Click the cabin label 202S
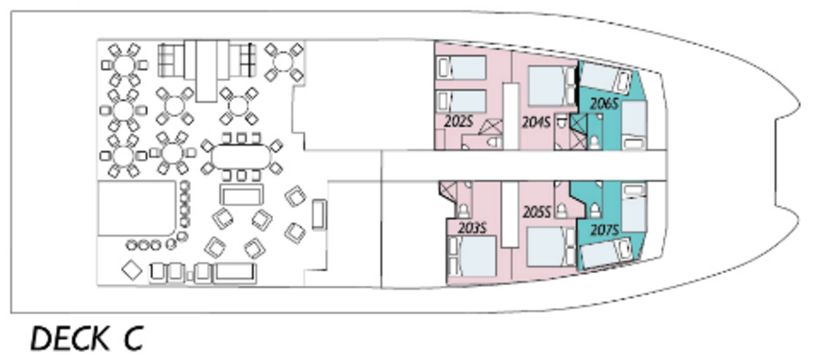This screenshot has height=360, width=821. click(458, 121)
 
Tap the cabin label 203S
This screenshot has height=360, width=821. click(472, 228)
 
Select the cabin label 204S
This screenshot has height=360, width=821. click(536, 123)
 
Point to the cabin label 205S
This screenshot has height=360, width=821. click(536, 212)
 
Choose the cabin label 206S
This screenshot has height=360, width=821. click(604, 104)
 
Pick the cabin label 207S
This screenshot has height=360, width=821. click(605, 230)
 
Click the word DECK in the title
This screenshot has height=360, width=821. click(70, 338)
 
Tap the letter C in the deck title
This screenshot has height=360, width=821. click(133, 338)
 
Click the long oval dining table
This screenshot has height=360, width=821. click(241, 157)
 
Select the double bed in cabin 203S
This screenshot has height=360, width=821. click(472, 256)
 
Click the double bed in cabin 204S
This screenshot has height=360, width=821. click(551, 86)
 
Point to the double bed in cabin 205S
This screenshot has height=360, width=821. click(551, 246)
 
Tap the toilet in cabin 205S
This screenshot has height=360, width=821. click(561, 210)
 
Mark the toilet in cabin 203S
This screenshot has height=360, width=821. click(463, 210)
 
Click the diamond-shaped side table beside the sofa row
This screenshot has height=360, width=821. click(132, 270)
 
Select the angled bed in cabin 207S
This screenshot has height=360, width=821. click(607, 253)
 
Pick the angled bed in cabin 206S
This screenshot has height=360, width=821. click(607, 78)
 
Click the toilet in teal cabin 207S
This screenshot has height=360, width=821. click(595, 210)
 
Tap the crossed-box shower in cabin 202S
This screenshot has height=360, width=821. click(491, 127)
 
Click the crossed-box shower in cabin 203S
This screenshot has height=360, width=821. click(448, 191)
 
